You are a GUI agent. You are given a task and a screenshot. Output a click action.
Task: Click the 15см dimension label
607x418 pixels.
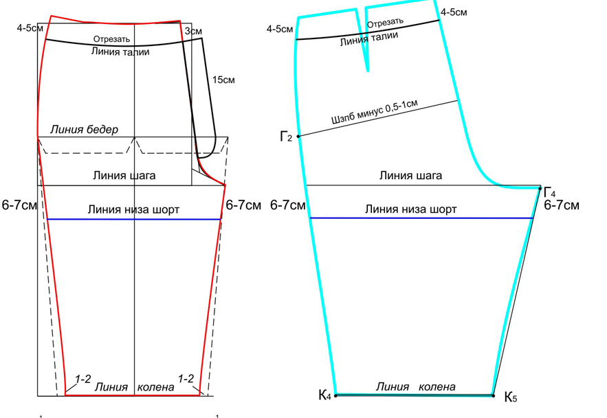click(x=223, y=80)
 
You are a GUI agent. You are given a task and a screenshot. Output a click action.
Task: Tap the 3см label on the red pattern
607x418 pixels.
click(x=193, y=32)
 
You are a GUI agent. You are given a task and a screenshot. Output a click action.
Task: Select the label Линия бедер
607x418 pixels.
click(x=84, y=129)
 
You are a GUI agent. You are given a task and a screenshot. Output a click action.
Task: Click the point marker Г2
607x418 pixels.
click(x=298, y=136)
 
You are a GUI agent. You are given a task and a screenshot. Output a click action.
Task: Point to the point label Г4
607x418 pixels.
click(x=550, y=192)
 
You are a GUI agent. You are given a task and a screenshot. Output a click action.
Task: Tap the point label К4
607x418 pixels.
click(x=324, y=395)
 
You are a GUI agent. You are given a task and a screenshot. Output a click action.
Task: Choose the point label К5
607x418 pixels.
click(x=511, y=397)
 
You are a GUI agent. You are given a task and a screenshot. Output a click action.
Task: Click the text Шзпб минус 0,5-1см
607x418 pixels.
click(x=375, y=112)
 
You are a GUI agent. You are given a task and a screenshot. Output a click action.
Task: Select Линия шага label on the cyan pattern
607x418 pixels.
click(x=410, y=176)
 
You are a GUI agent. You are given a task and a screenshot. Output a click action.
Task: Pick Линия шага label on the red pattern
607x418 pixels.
click(x=124, y=176)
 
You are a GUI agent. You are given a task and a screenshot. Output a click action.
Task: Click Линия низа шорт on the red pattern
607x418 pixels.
click(x=133, y=209)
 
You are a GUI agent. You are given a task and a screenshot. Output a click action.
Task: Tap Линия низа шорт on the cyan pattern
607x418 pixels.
click(x=410, y=209)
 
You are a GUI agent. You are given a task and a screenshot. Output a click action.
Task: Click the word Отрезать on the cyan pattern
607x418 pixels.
click(x=385, y=23)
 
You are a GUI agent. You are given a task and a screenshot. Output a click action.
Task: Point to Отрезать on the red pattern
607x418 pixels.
click(x=111, y=39)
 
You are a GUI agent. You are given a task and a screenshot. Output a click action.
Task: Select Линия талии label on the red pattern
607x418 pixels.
click(x=120, y=51)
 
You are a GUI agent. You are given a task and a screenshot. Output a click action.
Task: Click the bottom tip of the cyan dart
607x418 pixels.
click(x=367, y=71)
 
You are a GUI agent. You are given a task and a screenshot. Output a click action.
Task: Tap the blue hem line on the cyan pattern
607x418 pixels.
click(x=421, y=218)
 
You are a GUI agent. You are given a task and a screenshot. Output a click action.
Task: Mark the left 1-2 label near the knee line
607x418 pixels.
click(x=83, y=380)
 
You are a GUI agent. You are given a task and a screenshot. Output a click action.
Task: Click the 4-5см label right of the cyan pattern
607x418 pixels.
click(x=454, y=12)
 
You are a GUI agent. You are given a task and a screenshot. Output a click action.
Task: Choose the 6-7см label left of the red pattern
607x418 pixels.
click(x=19, y=205)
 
